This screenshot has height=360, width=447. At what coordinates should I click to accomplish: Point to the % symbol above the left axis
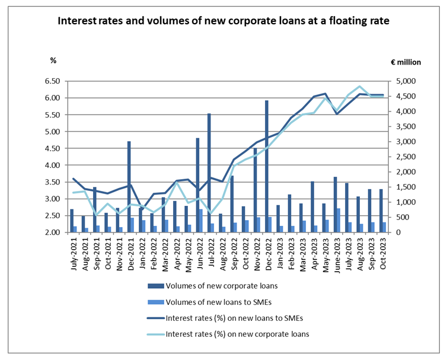click(x=53, y=60)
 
